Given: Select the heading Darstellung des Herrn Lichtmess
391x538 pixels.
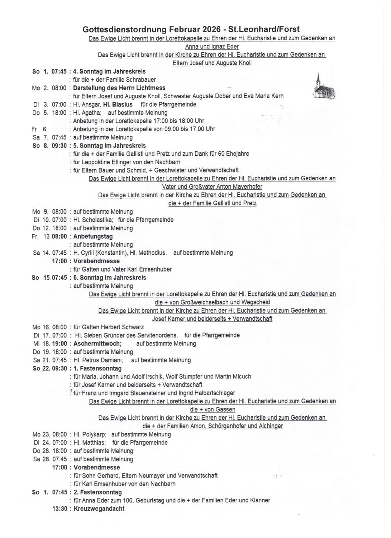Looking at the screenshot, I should [119, 88].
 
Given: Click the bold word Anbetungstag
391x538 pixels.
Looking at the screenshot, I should [93, 236].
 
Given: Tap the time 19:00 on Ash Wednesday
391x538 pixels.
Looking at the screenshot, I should [59, 344].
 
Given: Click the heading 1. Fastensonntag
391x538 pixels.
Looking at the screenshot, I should [97, 368].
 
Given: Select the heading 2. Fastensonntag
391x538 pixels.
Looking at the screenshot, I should [97, 492].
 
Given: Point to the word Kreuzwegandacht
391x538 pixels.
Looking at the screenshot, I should [99, 509].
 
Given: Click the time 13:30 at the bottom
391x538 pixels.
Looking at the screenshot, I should [59, 509].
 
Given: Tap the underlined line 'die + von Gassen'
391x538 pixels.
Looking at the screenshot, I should [213, 410].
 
